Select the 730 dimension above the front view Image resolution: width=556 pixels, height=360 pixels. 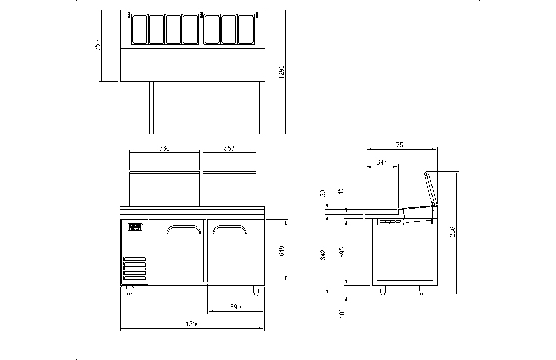[164, 148]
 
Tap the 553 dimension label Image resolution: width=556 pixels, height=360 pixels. [229, 148]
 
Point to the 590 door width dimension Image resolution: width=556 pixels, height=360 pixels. [235, 307]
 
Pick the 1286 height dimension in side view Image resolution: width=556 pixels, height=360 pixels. [452, 232]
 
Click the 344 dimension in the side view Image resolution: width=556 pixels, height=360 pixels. [382, 163]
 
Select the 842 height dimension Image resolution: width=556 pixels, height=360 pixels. [323, 254]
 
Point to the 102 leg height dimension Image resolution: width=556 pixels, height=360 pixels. [342, 313]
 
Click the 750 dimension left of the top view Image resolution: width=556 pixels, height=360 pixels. [98, 45]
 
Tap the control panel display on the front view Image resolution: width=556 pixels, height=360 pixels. [135, 227]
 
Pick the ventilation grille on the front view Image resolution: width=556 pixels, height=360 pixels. [135, 268]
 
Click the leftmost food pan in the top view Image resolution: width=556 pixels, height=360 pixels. [139, 29]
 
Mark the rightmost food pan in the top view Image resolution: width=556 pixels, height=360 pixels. [245, 29]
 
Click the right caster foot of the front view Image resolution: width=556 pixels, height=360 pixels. [256, 290]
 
